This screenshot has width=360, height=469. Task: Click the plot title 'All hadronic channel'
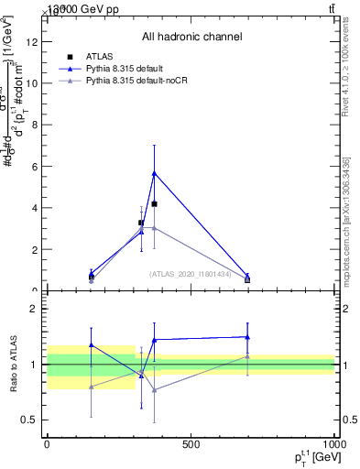(191, 37)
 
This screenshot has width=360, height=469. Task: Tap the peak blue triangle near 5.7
(154, 172)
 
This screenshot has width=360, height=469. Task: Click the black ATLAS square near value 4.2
(154, 203)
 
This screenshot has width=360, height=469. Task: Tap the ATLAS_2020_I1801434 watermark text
(191, 274)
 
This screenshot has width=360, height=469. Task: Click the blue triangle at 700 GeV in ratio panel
(247, 337)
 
